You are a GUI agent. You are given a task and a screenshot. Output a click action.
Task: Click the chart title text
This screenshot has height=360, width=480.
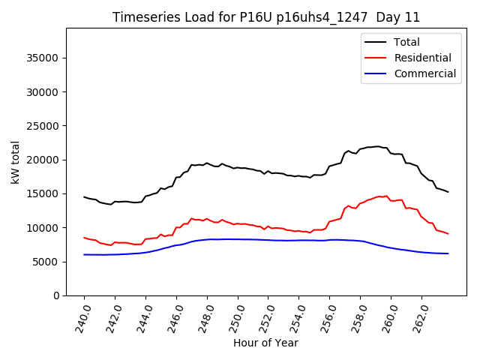266,17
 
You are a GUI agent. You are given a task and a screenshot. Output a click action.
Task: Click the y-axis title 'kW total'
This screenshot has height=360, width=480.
16,162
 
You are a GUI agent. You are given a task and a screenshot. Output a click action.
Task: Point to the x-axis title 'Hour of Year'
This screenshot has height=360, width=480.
265,343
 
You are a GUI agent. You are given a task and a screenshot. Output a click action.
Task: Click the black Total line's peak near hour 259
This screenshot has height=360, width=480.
378,146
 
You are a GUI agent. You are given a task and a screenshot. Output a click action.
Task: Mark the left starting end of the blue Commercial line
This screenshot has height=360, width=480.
84,254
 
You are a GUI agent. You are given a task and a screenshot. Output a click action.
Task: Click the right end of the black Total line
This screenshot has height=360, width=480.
448,192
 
